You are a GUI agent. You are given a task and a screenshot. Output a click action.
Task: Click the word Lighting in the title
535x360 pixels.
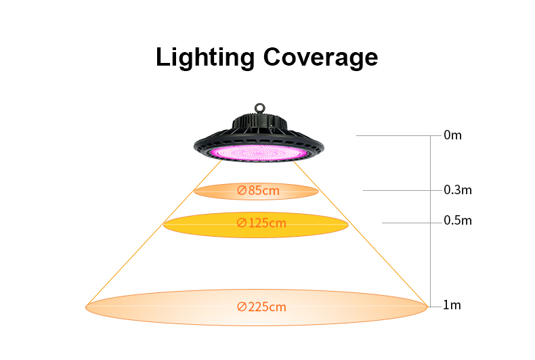pyautogui.click(x=205, y=58)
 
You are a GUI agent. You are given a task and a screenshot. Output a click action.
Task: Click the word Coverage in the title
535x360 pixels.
pyautogui.click(x=320, y=58)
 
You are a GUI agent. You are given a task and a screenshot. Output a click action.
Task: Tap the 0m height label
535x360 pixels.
pyautogui.click(x=452, y=135)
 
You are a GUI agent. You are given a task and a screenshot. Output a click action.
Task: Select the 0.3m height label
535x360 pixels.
pyautogui.click(x=458, y=190)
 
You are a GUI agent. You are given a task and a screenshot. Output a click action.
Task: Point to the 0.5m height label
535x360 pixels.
pyautogui.click(x=458, y=221)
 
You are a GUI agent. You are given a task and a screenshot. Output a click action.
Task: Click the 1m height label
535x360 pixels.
pyautogui.click(x=452, y=305)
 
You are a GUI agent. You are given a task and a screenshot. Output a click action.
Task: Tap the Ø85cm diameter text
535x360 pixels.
pyautogui.click(x=258, y=190)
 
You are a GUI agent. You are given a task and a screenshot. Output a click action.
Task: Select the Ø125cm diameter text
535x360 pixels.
pyautogui.click(x=261, y=223)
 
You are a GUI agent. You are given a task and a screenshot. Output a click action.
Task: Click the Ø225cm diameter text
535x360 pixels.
pyautogui.click(x=261, y=307)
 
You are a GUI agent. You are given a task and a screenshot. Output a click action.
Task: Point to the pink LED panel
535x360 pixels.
pyautogui.click(x=259, y=152)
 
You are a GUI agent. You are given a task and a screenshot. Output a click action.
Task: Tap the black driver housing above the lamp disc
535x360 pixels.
pyautogui.click(x=259, y=122)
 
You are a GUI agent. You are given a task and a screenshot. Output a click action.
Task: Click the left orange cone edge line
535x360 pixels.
pyautogui.click(x=154, y=233)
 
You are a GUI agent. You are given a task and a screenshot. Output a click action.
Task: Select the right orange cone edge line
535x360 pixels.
pyautogui.click(x=361, y=234)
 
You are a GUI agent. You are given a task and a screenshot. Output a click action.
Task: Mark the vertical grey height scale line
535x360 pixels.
pyautogui.click(x=431, y=221)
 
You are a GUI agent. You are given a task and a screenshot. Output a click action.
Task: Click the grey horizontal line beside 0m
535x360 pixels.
pyautogui.click(x=399, y=136)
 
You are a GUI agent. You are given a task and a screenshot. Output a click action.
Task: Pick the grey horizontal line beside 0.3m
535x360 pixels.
pyautogui.click(x=402, y=190)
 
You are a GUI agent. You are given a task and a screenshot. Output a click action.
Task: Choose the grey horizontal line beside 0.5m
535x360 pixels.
pyautogui.click(x=412, y=223)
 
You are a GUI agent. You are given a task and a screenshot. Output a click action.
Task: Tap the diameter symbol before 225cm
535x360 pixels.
pyautogui.click(x=242, y=307)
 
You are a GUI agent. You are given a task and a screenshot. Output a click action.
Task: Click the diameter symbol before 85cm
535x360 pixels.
pyautogui.click(x=242, y=190)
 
